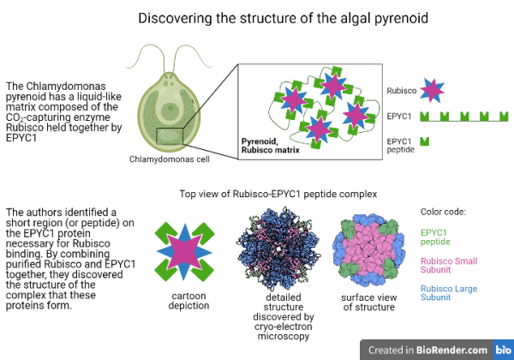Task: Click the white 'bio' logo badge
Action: [502, 350]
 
